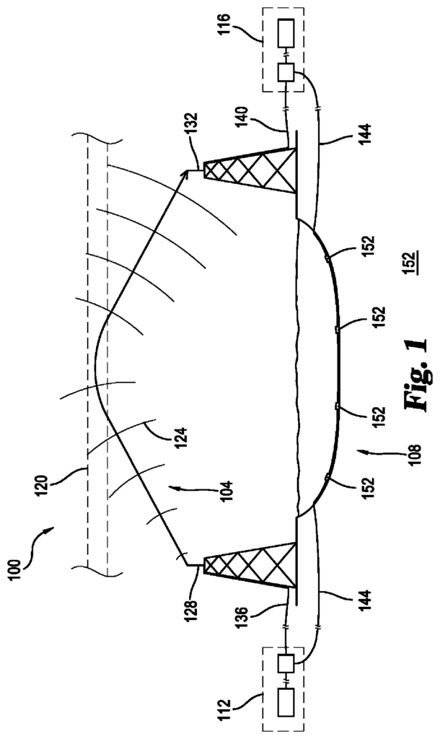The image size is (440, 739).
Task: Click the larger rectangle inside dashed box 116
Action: click(x=285, y=33)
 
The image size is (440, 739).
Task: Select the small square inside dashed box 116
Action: click(x=285, y=73)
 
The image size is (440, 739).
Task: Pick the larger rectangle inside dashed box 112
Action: click(x=285, y=702)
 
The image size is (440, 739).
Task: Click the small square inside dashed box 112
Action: click(x=285, y=663)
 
